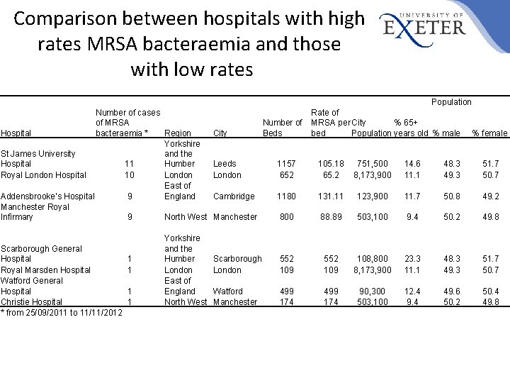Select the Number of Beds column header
pyautogui.click(x=281, y=128)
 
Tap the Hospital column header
pyautogui.click(x=16, y=133)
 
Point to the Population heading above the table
pyautogui.click(x=451, y=102)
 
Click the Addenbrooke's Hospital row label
pyautogui.click(x=47, y=196)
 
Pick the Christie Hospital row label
pyautogui.click(x=32, y=302)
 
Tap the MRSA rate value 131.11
pyautogui.click(x=331, y=196)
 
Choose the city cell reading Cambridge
pyautogui.click(x=234, y=196)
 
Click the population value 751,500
pyautogui.click(x=373, y=164)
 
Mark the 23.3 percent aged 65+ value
pyautogui.click(x=412, y=260)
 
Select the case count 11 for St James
pyautogui.click(x=129, y=164)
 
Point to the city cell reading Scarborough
pyautogui.click(x=237, y=260)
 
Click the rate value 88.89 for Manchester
pyautogui.click(x=331, y=217)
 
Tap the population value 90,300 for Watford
pyautogui.click(x=373, y=292)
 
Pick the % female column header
pyautogui.click(x=489, y=133)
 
